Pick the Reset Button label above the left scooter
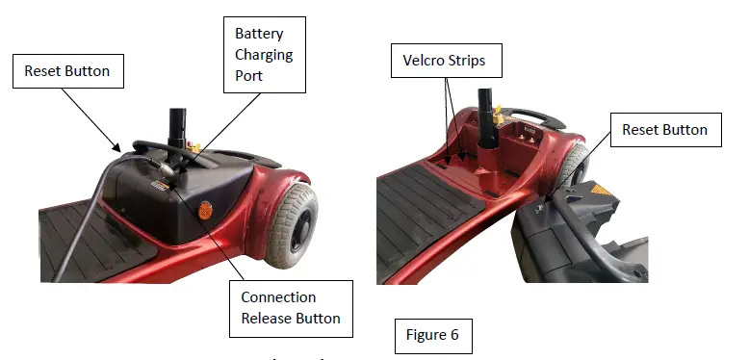click(x=67, y=71)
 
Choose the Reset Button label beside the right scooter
click(x=664, y=130)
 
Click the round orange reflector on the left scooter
click(x=204, y=208)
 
